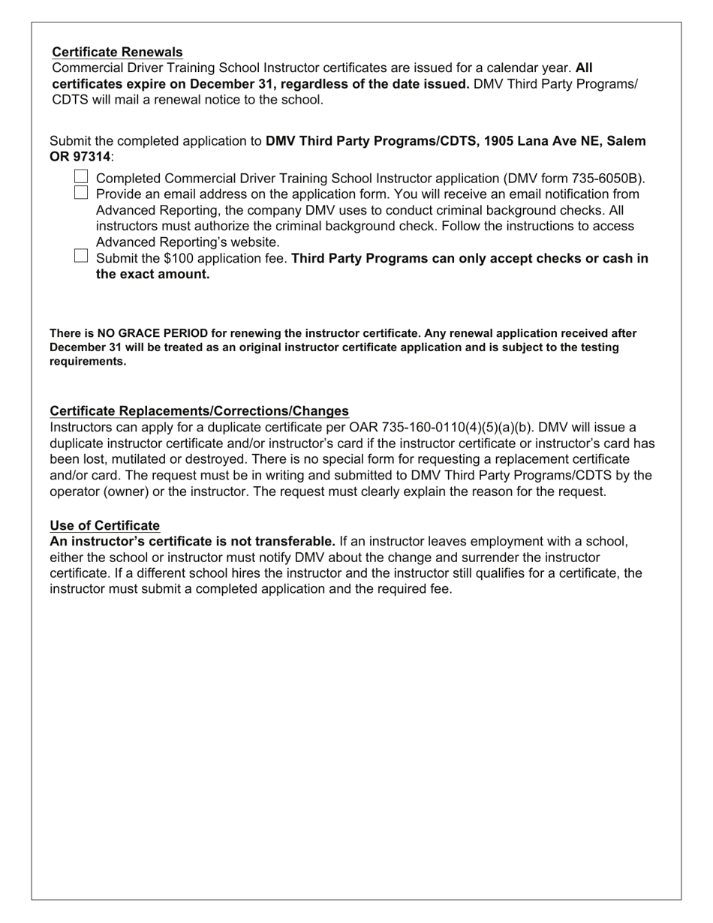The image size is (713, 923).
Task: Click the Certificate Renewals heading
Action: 117,52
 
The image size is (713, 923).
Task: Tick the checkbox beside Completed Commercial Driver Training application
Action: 82,177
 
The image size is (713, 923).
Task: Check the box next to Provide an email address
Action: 82,193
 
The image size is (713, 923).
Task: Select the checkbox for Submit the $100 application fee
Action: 82,257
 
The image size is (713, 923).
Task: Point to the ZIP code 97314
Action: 90,157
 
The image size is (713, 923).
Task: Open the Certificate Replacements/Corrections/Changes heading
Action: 199,410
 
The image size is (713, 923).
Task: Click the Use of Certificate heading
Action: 104,525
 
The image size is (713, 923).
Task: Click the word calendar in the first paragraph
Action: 514,68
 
